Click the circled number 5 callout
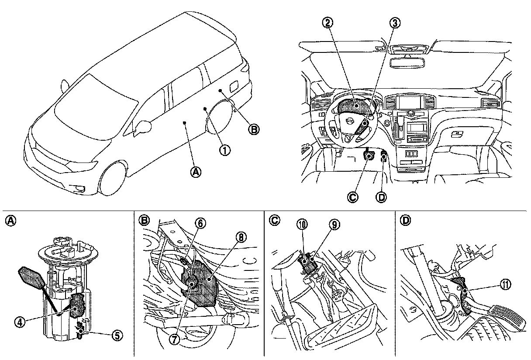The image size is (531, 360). coord(117,336)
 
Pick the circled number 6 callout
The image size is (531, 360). coord(200,223)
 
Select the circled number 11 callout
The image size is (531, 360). coord(506,285)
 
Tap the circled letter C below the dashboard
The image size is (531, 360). coord(353,197)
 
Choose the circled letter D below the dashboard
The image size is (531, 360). coord(381,197)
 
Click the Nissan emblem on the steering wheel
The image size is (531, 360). coord(349,121)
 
